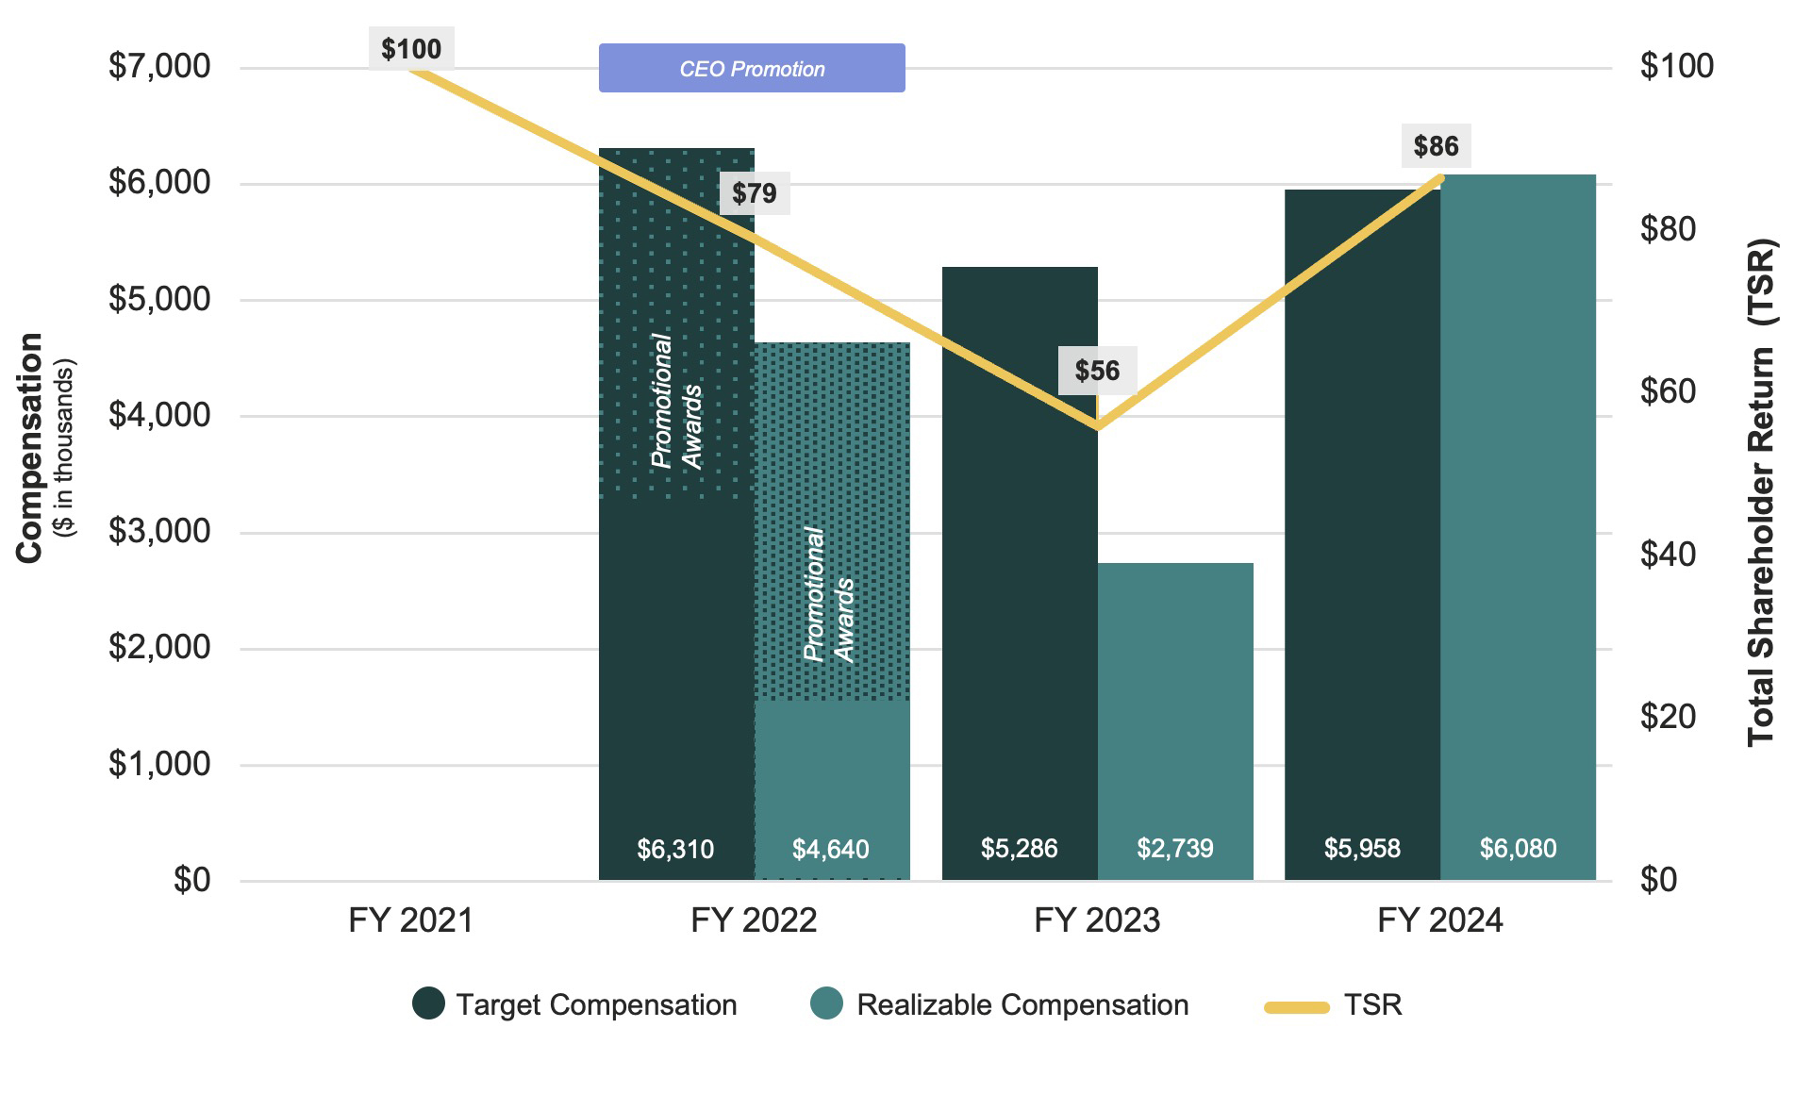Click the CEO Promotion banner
[x=752, y=68]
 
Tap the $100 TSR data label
[x=411, y=49]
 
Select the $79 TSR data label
[x=755, y=193]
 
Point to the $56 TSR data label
[x=1097, y=370]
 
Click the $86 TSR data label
[x=1436, y=146]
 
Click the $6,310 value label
[x=675, y=850]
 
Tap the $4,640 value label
[x=831, y=850]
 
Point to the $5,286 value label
[x=1019, y=849]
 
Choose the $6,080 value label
[x=1518, y=849]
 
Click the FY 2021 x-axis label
[x=410, y=920]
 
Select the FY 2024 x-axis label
[x=1439, y=920]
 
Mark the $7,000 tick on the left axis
[x=159, y=66]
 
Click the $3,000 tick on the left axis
[x=159, y=531]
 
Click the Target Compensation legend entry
[x=596, y=1005]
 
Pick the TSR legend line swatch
[x=1296, y=1007]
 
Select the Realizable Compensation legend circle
[x=826, y=1003]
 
